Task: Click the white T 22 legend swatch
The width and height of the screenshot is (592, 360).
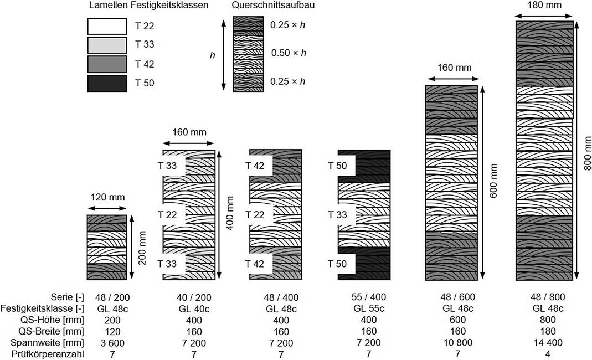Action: coord(106,25)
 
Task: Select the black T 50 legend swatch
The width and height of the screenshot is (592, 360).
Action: coord(106,84)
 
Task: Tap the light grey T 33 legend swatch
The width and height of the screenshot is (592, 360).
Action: coord(106,45)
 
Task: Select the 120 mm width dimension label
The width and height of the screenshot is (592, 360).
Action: coord(107,197)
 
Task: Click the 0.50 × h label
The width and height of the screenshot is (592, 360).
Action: coord(289,53)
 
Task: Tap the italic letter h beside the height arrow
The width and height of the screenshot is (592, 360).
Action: coord(212,55)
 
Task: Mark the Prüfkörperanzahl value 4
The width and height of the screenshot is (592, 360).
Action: coord(544,354)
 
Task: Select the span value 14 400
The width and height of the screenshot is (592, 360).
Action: coord(544,343)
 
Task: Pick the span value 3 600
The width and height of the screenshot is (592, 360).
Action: coord(111,343)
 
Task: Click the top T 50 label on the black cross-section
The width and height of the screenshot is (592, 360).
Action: coord(338,165)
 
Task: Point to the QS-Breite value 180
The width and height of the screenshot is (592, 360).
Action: coord(544,332)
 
